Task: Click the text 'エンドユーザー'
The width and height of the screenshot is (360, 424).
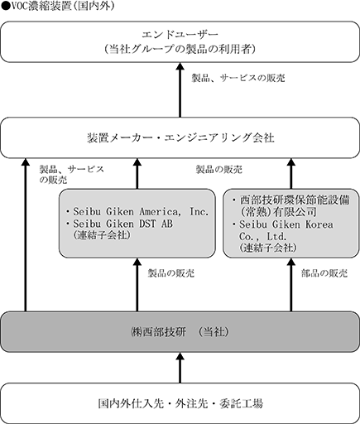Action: pyautogui.click(x=180, y=35)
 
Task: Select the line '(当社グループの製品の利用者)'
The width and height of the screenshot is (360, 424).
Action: pyautogui.click(x=180, y=50)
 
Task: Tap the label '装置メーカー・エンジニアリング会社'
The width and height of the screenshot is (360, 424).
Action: pyautogui.click(x=180, y=137)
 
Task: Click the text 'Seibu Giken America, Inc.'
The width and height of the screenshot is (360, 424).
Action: pyautogui.click(x=141, y=212)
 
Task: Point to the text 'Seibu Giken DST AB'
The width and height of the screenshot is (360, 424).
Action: pyautogui.click(x=122, y=224)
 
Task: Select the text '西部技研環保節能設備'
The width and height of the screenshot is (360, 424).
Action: pyautogui.click(x=295, y=200)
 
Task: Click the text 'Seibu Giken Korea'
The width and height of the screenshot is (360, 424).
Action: pyautogui.click(x=286, y=224)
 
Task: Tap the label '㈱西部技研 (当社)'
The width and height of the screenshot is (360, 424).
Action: pyautogui.click(x=180, y=332)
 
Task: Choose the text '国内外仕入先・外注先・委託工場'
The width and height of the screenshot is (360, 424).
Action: pyautogui.click(x=180, y=403)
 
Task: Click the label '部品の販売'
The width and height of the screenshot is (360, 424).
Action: pyautogui.click(x=324, y=273)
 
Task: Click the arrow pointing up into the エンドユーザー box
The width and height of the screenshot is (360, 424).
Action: pyautogui.click(x=180, y=90)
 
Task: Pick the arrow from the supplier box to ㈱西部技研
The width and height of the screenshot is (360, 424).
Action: pyautogui.click(x=180, y=368)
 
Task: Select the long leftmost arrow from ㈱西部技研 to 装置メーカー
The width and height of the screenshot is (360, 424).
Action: pyautogui.click(x=26, y=235)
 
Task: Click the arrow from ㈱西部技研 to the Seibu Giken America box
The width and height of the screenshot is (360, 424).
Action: pyautogui.click(x=137, y=285)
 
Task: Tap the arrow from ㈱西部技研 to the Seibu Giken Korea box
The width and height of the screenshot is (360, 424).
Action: pyautogui.click(x=291, y=285)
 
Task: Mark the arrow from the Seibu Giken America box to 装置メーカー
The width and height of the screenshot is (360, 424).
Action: pyautogui.click(x=137, y=174)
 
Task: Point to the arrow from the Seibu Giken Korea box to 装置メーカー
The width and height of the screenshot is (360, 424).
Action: pyautogui.click(x=291, y=174)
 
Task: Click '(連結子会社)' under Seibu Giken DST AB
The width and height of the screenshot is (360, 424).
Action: pyautogui.click(x=102, y=235)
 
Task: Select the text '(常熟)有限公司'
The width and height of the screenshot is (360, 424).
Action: pyautogui.click(x=278, y=212)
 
